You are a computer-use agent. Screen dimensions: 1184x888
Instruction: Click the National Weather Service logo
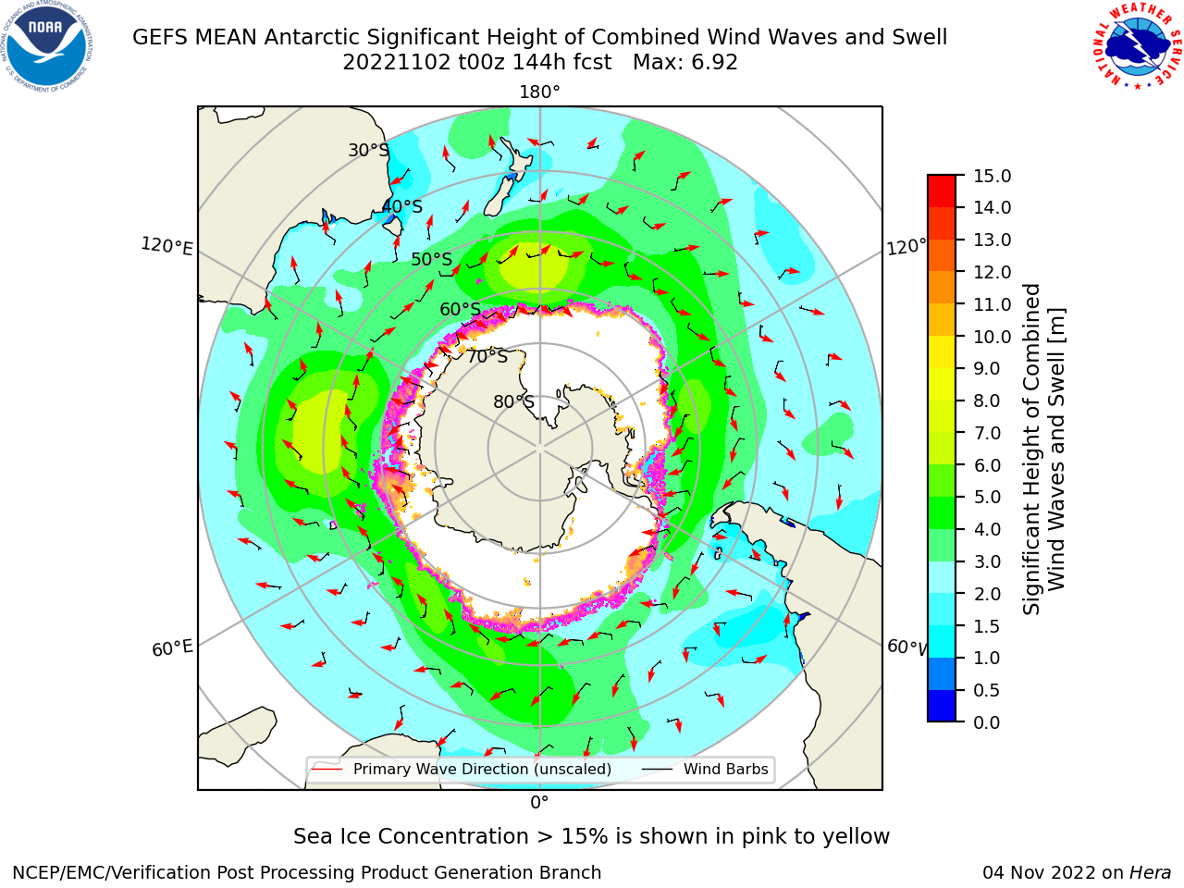1138,46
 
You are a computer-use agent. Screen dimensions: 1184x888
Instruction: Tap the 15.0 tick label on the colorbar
992,176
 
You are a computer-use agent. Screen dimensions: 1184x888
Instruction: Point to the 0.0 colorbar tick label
987,722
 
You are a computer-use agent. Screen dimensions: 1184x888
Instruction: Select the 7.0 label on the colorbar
987,433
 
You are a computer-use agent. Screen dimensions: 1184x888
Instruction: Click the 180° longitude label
539,92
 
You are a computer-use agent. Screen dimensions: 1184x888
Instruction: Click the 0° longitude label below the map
539,803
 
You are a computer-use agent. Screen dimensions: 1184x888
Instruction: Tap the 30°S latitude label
368,150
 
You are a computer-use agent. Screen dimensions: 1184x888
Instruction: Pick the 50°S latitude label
432,259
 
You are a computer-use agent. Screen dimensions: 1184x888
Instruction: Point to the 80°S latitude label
513,401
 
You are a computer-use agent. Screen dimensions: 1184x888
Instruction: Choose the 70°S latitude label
487,356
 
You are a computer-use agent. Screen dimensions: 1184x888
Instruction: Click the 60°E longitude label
172,648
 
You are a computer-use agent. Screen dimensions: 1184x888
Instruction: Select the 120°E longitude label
166,246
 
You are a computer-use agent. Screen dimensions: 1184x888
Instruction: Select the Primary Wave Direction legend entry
462,769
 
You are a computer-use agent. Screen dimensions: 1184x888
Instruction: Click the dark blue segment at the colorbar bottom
942,706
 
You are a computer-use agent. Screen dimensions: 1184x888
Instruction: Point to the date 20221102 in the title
397,63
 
